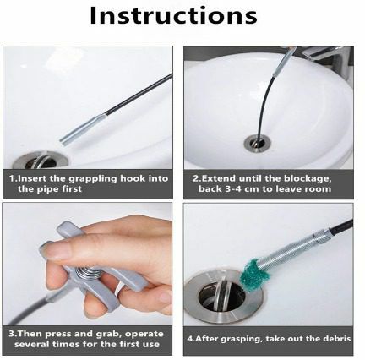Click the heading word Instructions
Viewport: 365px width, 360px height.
point(173,15)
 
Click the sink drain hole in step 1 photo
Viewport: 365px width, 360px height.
point(41,161)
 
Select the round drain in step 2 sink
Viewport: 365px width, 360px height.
point(258,143)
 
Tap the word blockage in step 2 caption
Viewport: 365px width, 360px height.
point(308,178)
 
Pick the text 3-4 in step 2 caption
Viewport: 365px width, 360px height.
point(234,188)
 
